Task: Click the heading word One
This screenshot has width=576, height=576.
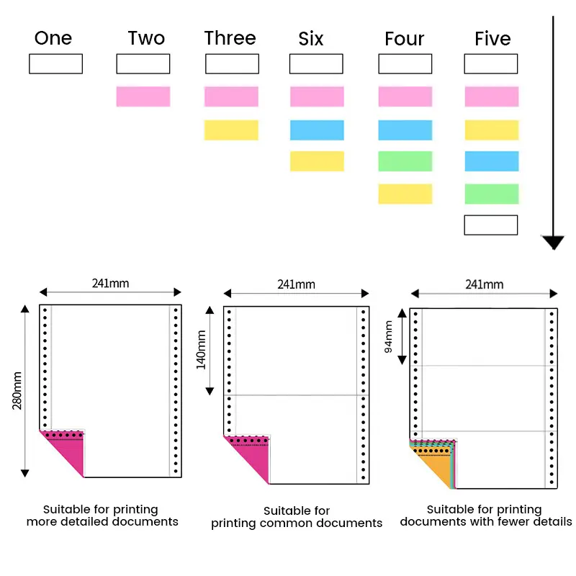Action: (53, 38)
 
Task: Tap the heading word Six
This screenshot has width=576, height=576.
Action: (311, 38)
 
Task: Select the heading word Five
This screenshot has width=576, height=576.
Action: (492, 38)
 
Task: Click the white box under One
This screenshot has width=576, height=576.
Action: (55, 64)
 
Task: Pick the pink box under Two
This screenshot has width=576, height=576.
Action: (143, 96)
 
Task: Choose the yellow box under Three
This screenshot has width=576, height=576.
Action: (231, 130)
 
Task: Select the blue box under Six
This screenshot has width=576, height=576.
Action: (317, 130)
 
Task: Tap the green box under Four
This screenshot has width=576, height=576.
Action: (405, 161)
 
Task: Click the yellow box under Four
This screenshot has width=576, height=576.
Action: (405, 194)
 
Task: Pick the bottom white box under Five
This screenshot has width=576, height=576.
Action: (491, 225)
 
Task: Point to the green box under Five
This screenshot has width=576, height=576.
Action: (491, 194)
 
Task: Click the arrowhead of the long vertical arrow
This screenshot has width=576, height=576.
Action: (552, 242)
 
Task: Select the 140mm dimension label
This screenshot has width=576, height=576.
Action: (202, 349)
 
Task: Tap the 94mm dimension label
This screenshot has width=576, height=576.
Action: (389, 336)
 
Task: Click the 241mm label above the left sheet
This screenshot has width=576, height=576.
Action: (110, 283)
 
